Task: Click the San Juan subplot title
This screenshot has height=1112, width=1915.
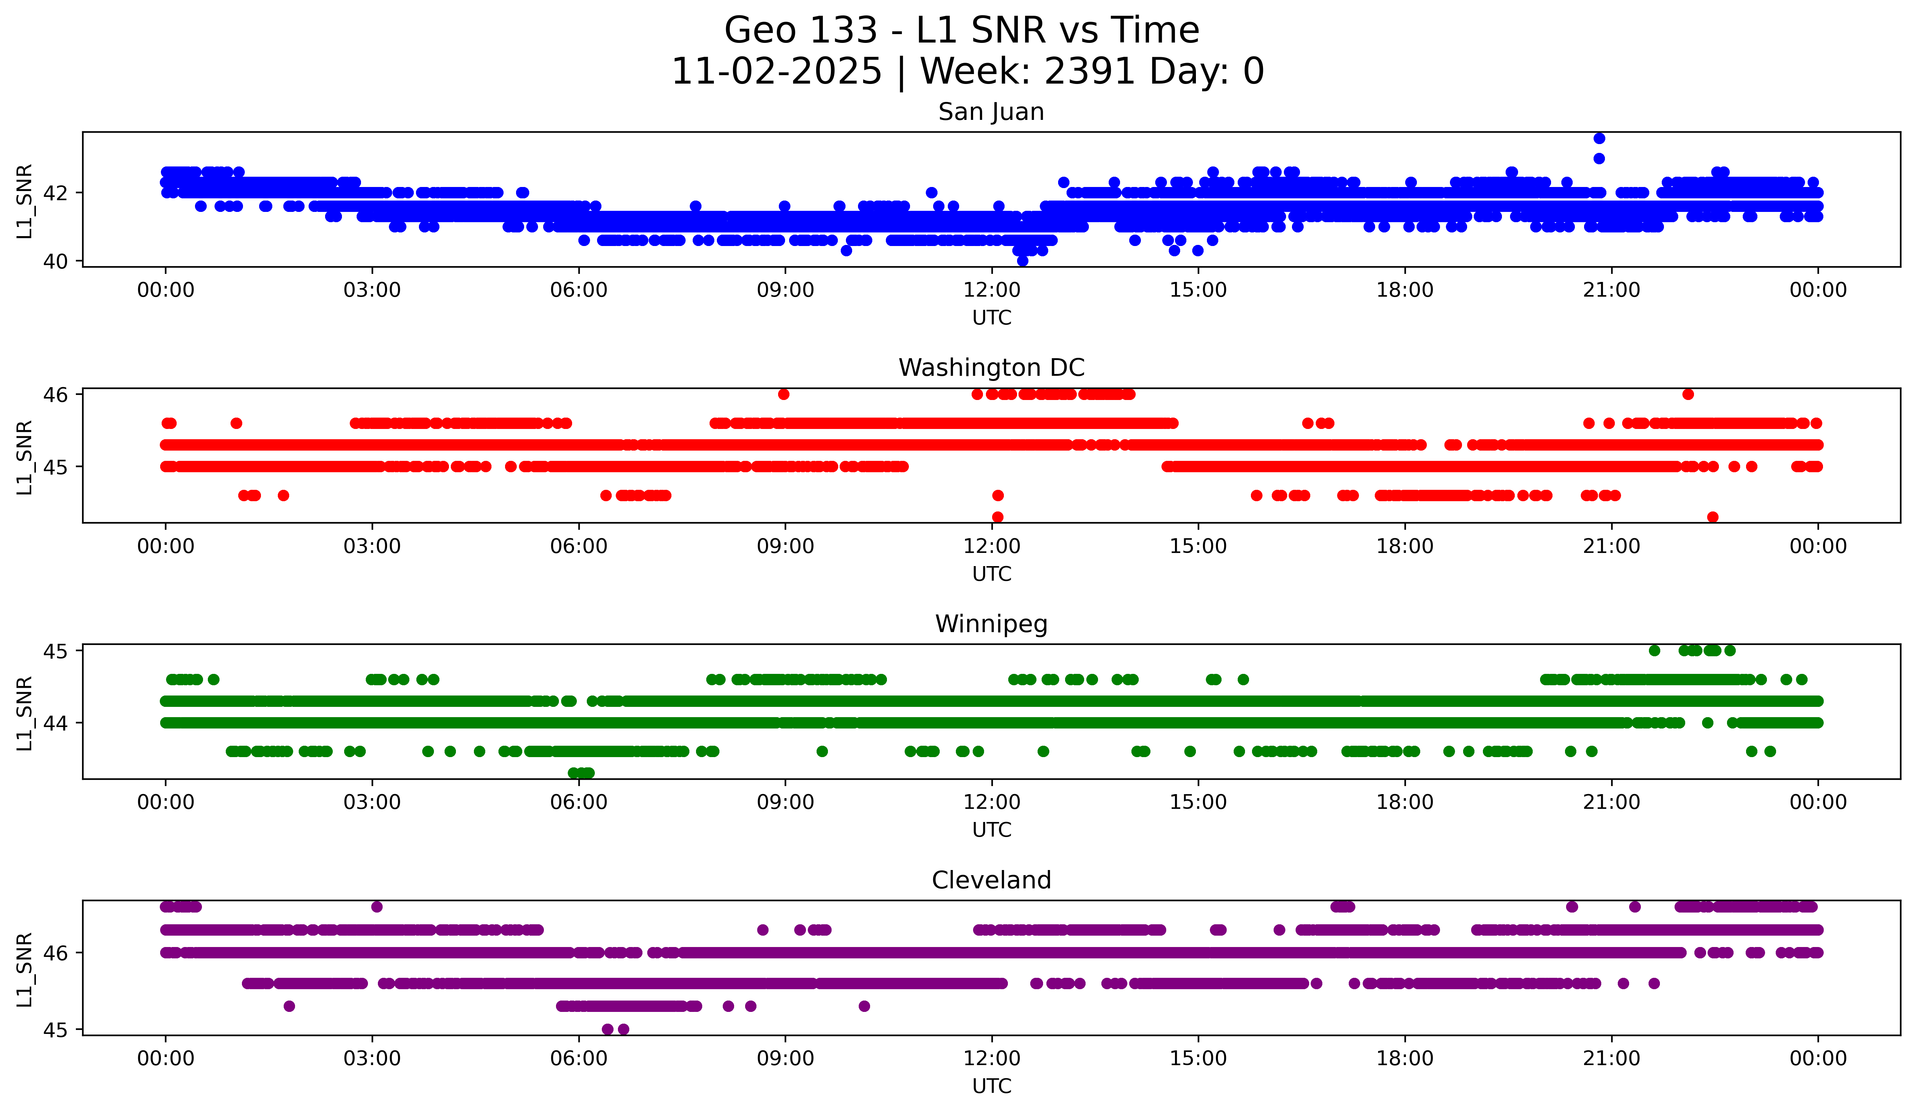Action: click(x=991, y=112)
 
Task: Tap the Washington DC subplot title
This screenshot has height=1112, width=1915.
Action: click(x=991, y=368)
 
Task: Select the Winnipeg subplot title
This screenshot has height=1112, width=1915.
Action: click(x=991, y=624)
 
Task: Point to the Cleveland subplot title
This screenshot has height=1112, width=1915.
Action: click(x=991, y=880)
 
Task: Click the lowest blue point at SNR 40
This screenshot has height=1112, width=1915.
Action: click(x=1022, y=261)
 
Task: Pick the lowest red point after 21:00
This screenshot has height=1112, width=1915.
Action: click(x=1713, y=517)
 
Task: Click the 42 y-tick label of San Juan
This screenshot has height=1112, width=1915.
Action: click(x=55, y=193)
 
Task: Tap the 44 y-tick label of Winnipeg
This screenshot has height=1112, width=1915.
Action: click(x=55, y=723)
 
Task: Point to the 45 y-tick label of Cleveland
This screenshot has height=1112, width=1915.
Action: click(x=55, y=1030)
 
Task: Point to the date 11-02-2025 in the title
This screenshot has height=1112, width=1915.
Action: click(x=776, y=71)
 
